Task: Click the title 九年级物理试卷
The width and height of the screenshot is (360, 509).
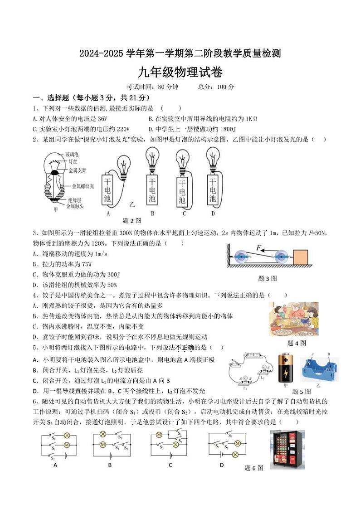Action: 180,72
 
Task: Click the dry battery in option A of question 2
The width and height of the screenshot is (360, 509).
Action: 107,189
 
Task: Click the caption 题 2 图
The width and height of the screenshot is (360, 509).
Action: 132,221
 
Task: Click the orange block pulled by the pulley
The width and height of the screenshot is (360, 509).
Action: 300,257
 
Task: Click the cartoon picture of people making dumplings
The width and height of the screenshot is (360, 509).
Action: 293,320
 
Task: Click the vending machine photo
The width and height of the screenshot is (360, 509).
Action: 287,449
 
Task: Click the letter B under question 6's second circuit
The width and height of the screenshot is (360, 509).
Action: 110,465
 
